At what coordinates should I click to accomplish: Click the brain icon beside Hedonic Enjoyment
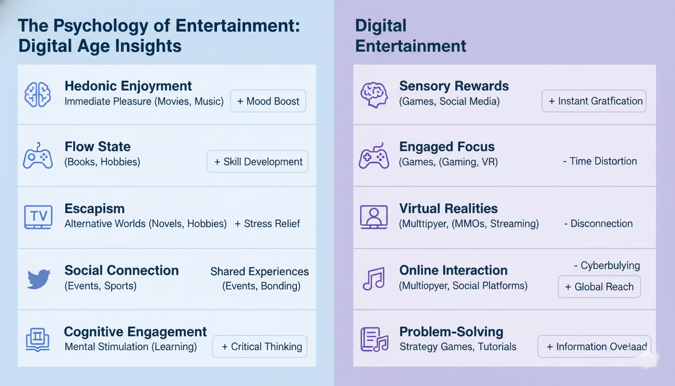coord(38,94)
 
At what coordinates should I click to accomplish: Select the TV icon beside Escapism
coord(38,217)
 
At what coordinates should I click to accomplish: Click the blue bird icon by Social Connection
coord(39,279)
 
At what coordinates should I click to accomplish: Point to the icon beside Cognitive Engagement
coord(38,340)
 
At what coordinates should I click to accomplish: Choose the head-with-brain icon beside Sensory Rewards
coord(373,94)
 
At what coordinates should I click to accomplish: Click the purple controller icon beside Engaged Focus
coord(373,156)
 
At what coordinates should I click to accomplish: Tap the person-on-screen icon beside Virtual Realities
coord(374,217)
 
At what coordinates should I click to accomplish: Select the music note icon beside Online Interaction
coord(373,278)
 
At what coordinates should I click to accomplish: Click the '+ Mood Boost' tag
coord(268,101)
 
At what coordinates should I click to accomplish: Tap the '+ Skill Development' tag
coord(258,162)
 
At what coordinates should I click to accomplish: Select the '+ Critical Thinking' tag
coord(260,347)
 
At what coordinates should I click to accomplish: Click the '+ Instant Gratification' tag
coord(594,101)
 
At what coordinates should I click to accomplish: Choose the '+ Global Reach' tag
coord(599,287)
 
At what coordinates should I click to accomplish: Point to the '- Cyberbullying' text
coord(607,265)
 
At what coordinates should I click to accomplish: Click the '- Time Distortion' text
coord(600,161)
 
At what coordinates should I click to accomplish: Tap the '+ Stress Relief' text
coord(267,224)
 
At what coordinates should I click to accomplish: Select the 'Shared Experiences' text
coord(260,271)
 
